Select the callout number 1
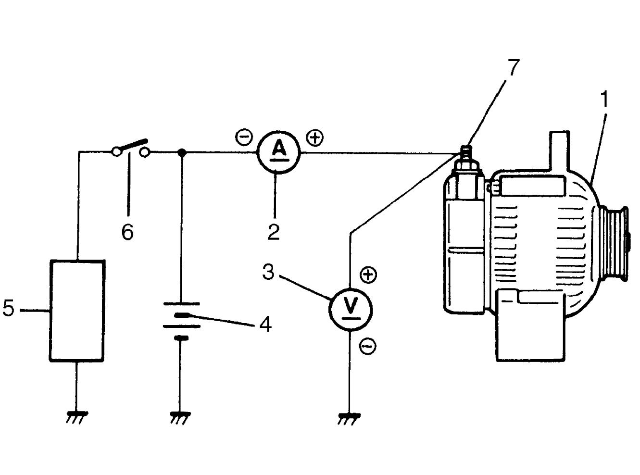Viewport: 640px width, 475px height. click(604, 99)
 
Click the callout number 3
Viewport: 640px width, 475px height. click(268, 272)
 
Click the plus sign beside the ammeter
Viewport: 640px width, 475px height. click(314, 137)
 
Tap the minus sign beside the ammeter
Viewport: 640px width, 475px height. click(244, 137)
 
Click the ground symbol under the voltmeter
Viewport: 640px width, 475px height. click(349, 419)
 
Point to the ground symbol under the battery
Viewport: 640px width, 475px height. click(180, 418)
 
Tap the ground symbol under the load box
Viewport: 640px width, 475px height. click(77, 418)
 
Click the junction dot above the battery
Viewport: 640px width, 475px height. click(181, 152)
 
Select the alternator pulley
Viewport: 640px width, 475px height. click(614, 244)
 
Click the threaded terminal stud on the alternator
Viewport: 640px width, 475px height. click(466, 154)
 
